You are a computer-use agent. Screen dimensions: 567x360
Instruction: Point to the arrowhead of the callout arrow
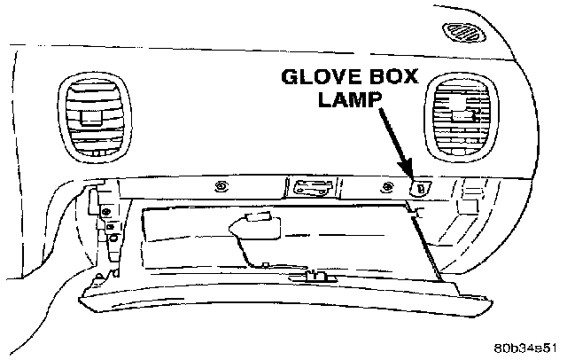[x=409, y=175]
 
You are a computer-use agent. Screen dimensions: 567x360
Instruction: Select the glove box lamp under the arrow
[x=421, y=187]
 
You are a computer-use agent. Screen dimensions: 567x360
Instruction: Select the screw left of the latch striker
[x=221, y=186]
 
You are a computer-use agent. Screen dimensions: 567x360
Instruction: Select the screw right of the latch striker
[x=386, y=187]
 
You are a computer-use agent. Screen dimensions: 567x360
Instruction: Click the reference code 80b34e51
[x=525, y=347]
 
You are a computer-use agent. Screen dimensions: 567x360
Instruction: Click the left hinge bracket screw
[x=105, y=214]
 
